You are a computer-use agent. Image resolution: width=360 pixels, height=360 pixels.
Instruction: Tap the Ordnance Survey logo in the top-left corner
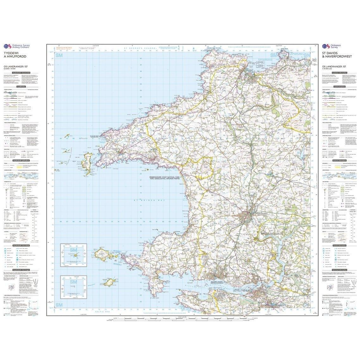14,46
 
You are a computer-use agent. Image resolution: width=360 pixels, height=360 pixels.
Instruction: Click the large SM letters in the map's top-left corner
59,56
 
